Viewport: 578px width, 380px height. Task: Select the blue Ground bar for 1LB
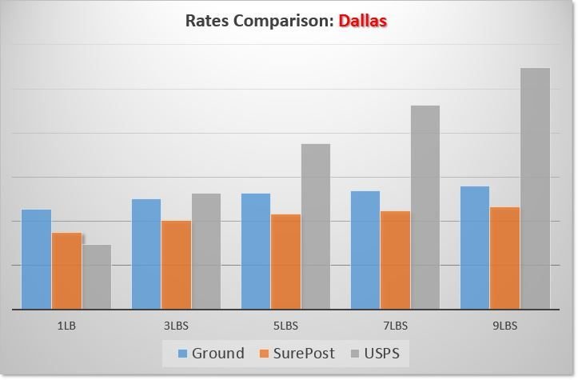coord(36,258)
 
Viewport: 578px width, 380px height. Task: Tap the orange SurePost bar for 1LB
coord(66,270)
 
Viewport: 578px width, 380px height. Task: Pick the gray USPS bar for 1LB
coord(97,276)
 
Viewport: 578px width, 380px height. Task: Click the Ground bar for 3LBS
coord(146,254)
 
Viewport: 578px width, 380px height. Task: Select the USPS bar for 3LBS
coord(206,250)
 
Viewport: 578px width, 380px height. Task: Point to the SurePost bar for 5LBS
coord(285,261)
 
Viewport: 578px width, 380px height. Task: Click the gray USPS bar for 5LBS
coord(316,226)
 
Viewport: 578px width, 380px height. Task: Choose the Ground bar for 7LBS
coord(365,250)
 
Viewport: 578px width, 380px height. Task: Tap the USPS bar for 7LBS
coord(425,206)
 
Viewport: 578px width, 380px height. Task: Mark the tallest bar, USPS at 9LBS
coord(535,188)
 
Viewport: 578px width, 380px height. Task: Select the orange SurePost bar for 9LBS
coord(504,258)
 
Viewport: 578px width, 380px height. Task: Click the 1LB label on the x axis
coord(66,326)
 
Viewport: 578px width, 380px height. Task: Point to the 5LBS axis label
coord(285,326)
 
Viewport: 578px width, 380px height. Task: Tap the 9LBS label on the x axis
coord(504,326)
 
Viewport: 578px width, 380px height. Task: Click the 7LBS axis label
coord(395,326)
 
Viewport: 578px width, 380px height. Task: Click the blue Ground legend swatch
coord(183,354)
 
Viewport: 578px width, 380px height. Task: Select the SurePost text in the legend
coord(305,354)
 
